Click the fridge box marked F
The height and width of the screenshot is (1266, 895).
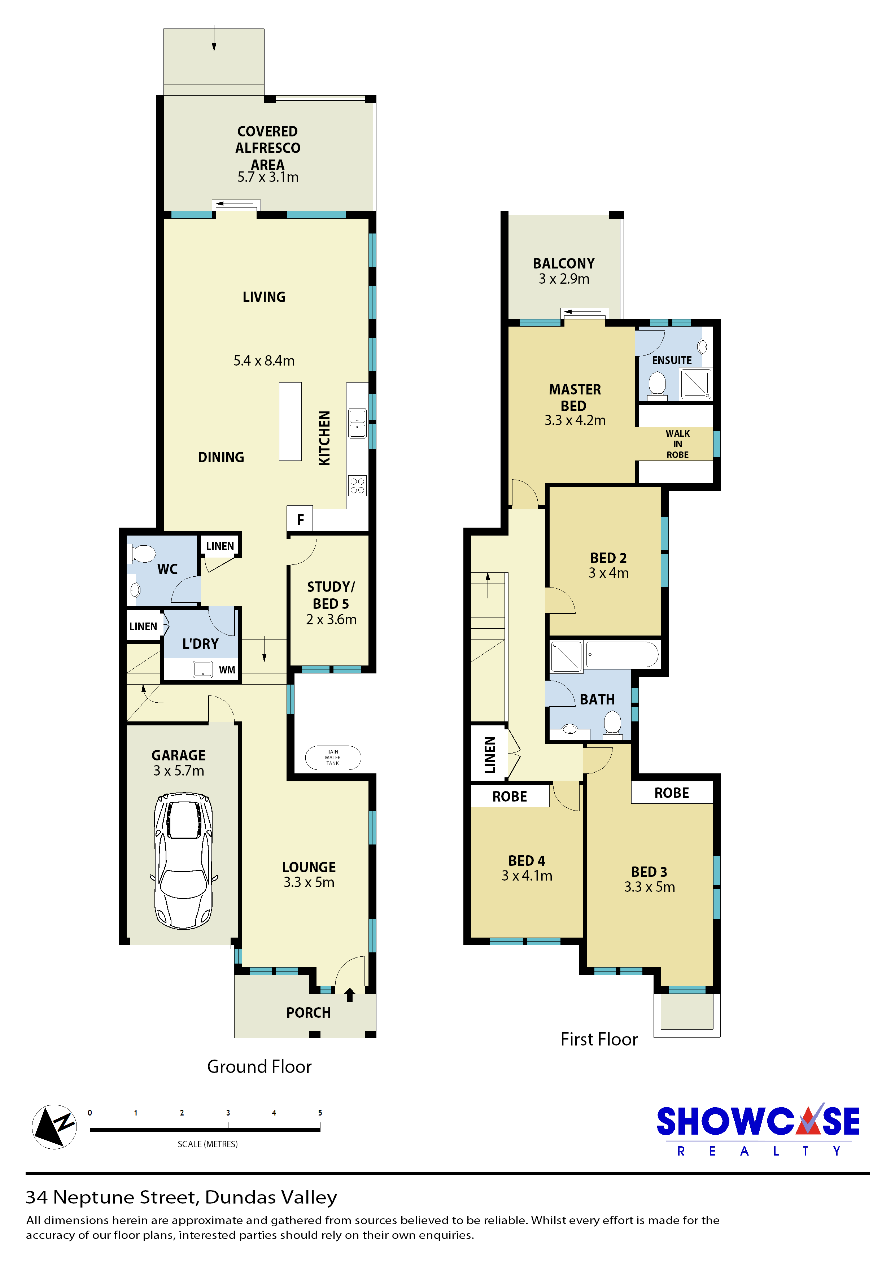coord(300,519)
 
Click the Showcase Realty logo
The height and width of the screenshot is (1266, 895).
coord(758,1130)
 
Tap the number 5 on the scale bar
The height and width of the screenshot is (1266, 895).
coord(320,1113)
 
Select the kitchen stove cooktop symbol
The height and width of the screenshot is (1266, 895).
coord(357,485)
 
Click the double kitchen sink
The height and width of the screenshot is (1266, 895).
coord(357,423)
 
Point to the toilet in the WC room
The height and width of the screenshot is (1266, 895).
coord(142,554)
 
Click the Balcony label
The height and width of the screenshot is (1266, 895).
coord(564,263)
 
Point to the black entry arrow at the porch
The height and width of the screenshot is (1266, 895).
coord(349,995)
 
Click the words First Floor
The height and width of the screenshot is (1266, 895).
coord(599,1039)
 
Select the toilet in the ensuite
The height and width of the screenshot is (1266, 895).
coord(657,384)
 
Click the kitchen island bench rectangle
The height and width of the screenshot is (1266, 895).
coord(290,421)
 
